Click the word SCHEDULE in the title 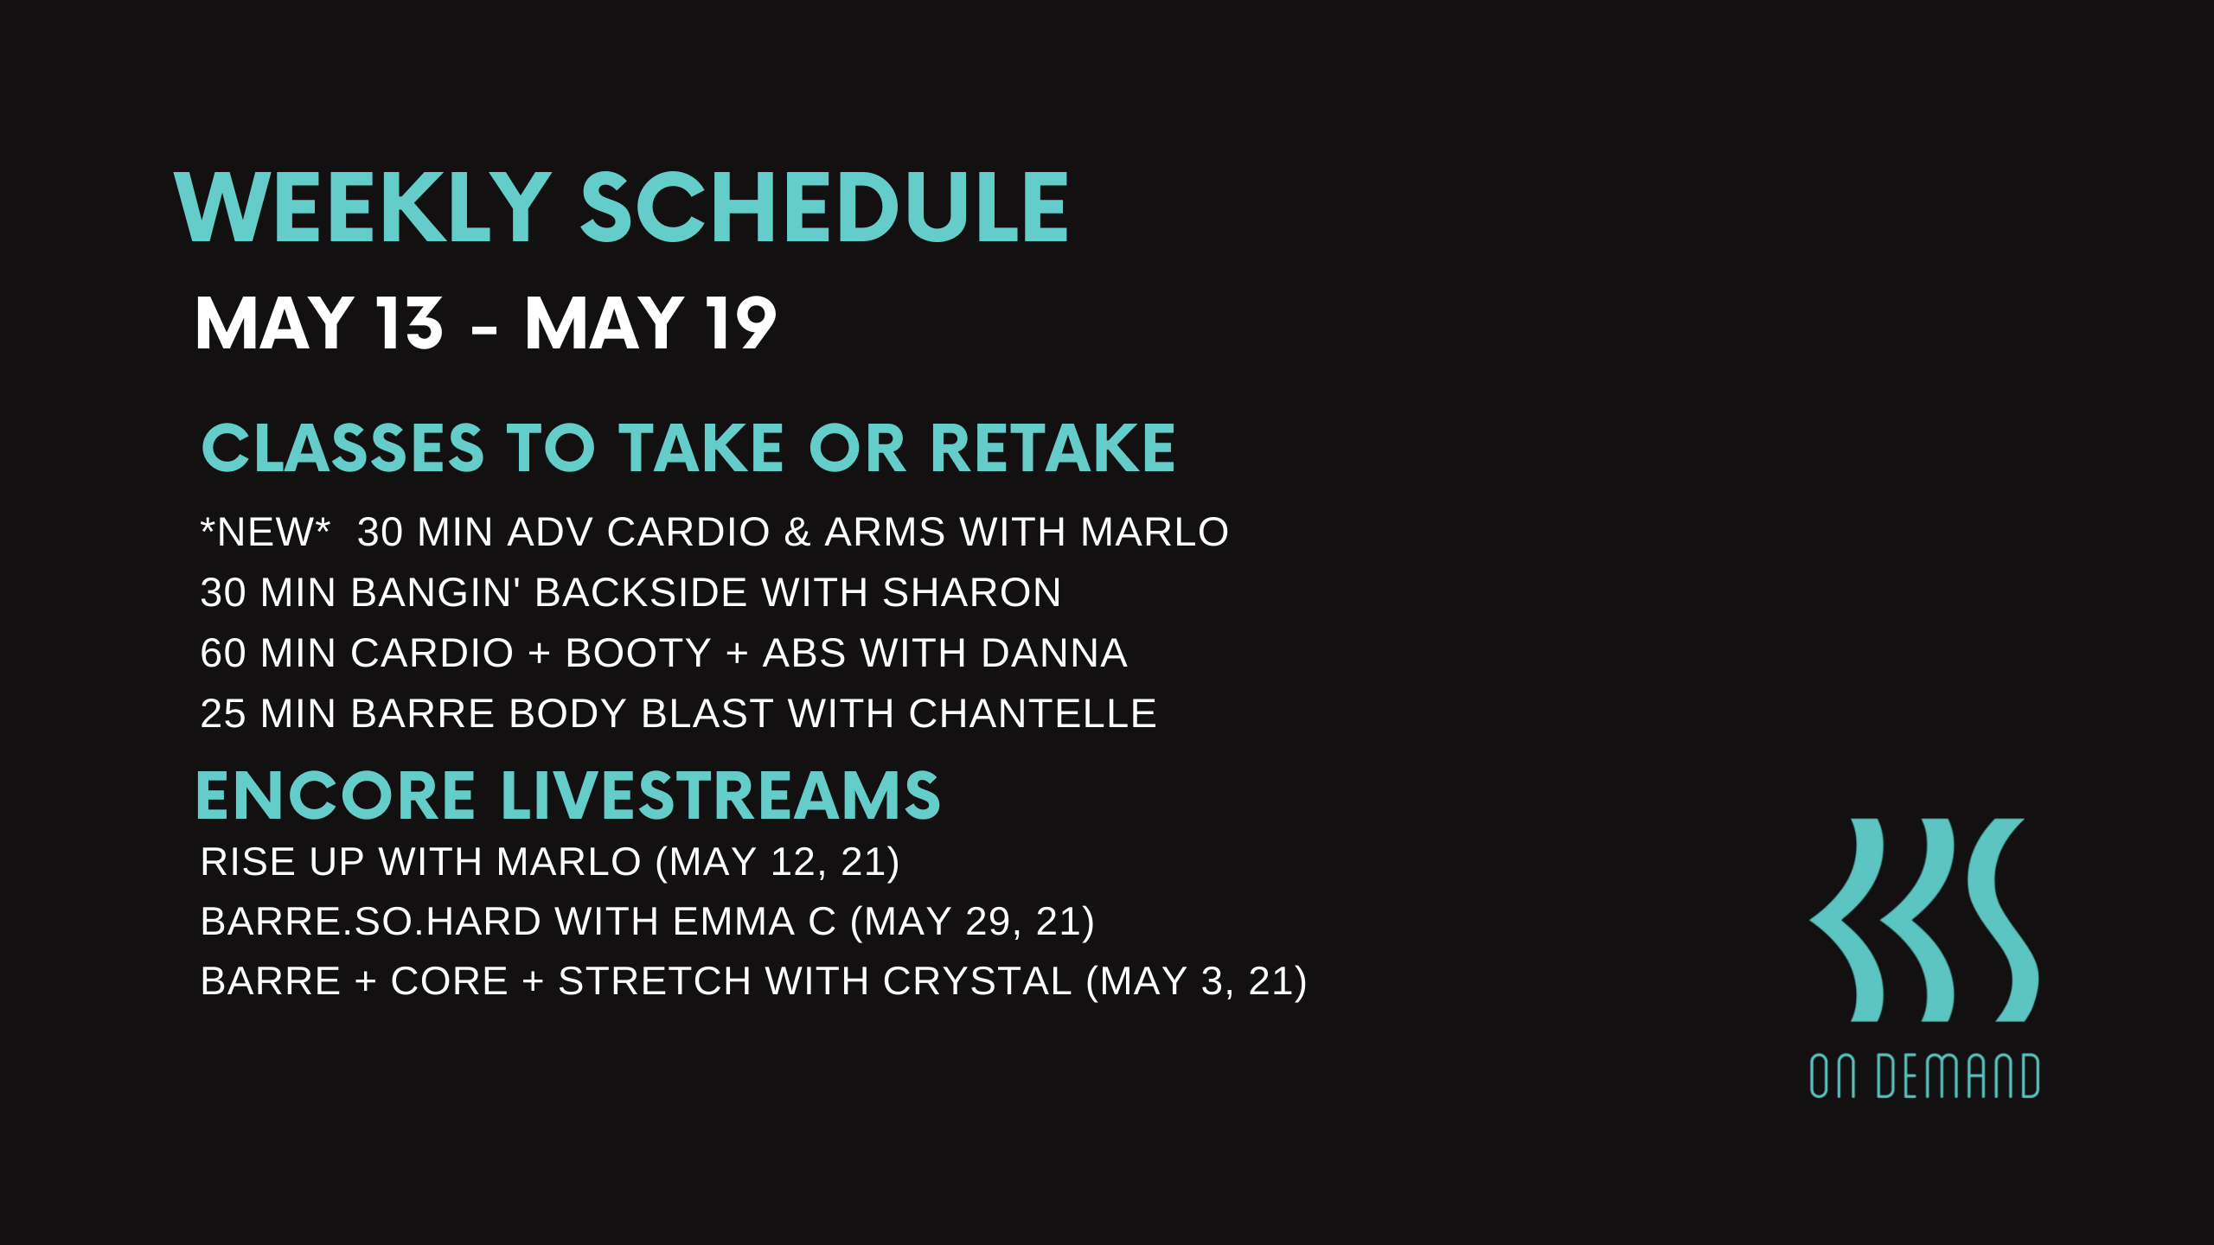(824, 207)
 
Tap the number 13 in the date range (409, 323)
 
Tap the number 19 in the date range (740, 323)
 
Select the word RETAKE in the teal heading (1053, 449)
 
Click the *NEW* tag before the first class (266, 531)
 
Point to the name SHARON (971, 592)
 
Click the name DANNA (1054, 653)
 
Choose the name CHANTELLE (1033, 713)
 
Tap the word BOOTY (638, 653)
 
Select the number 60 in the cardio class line (223, 653)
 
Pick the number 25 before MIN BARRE (223, 713)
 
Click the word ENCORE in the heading (336, 795)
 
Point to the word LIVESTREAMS (720, 795)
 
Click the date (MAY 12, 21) (777, 861)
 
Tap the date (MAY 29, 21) (972, 921)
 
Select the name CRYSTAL (977, 980)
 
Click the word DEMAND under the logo (1958, 1076)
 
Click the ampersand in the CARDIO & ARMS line (797, 532)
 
